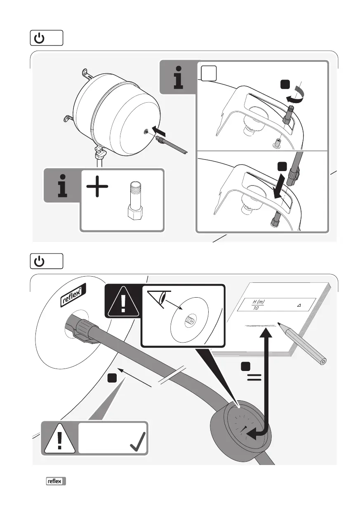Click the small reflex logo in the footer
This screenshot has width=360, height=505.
[56, 481]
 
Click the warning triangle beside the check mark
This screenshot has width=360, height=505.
[60, 438]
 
